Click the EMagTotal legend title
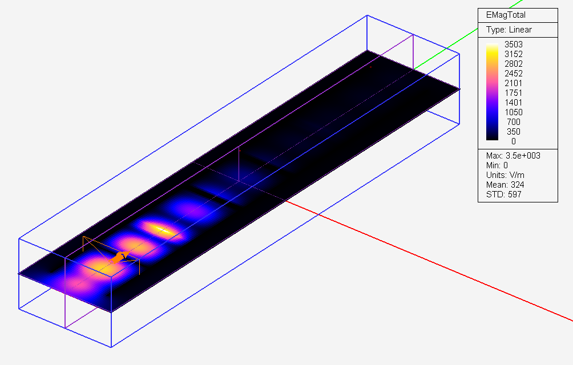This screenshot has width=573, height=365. (506, 15)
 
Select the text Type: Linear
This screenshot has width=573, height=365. (509, 30)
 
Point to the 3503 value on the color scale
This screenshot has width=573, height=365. (514, 44)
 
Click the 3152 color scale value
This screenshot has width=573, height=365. (514, 54)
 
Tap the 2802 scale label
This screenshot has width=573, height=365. (514, 64)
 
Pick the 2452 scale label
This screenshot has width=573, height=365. (514, 74)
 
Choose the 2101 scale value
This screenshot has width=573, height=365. (514, 83)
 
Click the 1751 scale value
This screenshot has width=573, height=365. (514, 93)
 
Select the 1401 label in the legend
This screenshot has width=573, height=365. (514, 103)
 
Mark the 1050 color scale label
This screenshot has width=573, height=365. (514, 112)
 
